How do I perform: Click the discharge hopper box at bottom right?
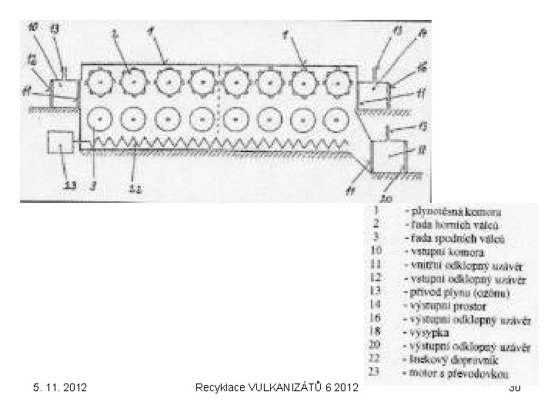coord(388,155)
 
